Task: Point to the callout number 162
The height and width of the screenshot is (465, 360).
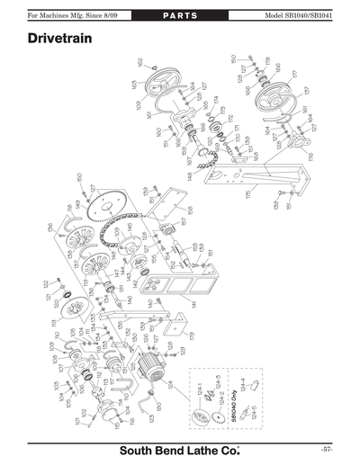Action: click(x=140, y=62)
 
